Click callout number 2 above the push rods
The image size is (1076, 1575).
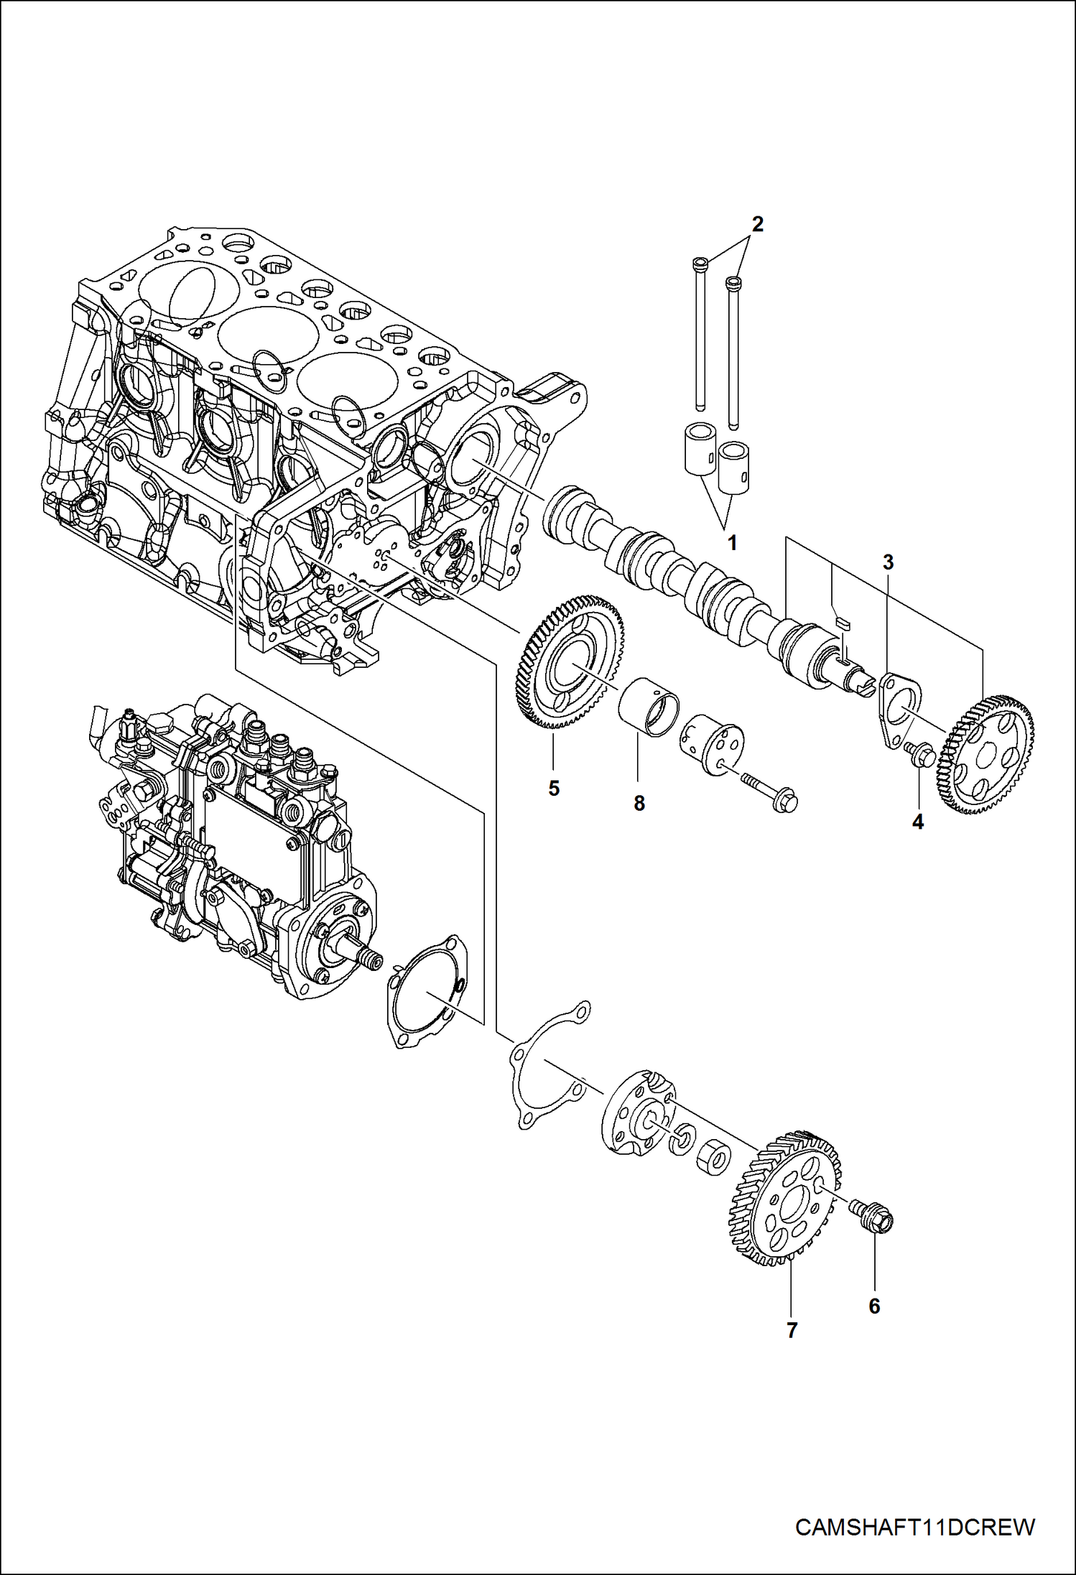click(x=756, y=225)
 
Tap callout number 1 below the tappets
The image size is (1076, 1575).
click(x=732, y=543)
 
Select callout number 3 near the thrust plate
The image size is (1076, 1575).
click(x=888, y=562)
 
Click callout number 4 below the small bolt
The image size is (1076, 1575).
click(x=917, y=822)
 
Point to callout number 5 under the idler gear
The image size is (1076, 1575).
click(x=553, y=789)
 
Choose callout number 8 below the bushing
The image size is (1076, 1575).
click(x=639, y=803)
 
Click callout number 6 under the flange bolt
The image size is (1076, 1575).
click(x=874, y=1306)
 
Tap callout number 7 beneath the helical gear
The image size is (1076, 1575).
click(x=792, y=1330)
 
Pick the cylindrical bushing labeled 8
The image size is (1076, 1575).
click(x=649, y=708)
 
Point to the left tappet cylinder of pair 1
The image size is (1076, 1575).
click(x=699, y=450)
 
